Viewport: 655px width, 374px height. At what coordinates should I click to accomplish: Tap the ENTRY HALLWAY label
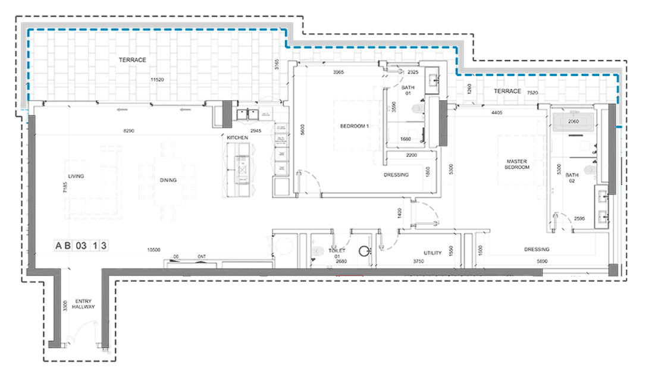click(x=83, y=304)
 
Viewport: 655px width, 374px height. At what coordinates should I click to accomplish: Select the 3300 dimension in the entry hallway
click(x=65, y=307)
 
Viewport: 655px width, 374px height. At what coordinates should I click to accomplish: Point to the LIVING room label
click(x=76, y=177)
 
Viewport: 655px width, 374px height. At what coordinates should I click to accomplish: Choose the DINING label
click(x=168, y=180)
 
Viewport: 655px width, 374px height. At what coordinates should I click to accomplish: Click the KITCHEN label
click(x=237, y=138)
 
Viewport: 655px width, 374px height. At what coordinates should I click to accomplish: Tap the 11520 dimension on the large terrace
click(x=157, y=78)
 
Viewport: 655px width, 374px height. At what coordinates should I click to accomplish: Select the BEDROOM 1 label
click(x=355, y=127)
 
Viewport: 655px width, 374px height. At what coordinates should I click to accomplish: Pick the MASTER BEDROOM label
click(x=517, y=165)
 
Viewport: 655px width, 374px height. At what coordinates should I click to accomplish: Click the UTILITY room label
click(x=433, y=253)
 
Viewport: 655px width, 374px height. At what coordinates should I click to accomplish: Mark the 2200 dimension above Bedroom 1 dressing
click(x=411, y=155)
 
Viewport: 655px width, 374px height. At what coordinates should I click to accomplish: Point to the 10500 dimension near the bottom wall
click(x=155, y=250)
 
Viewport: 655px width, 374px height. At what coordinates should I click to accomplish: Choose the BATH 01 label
click(x=408, y=90)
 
